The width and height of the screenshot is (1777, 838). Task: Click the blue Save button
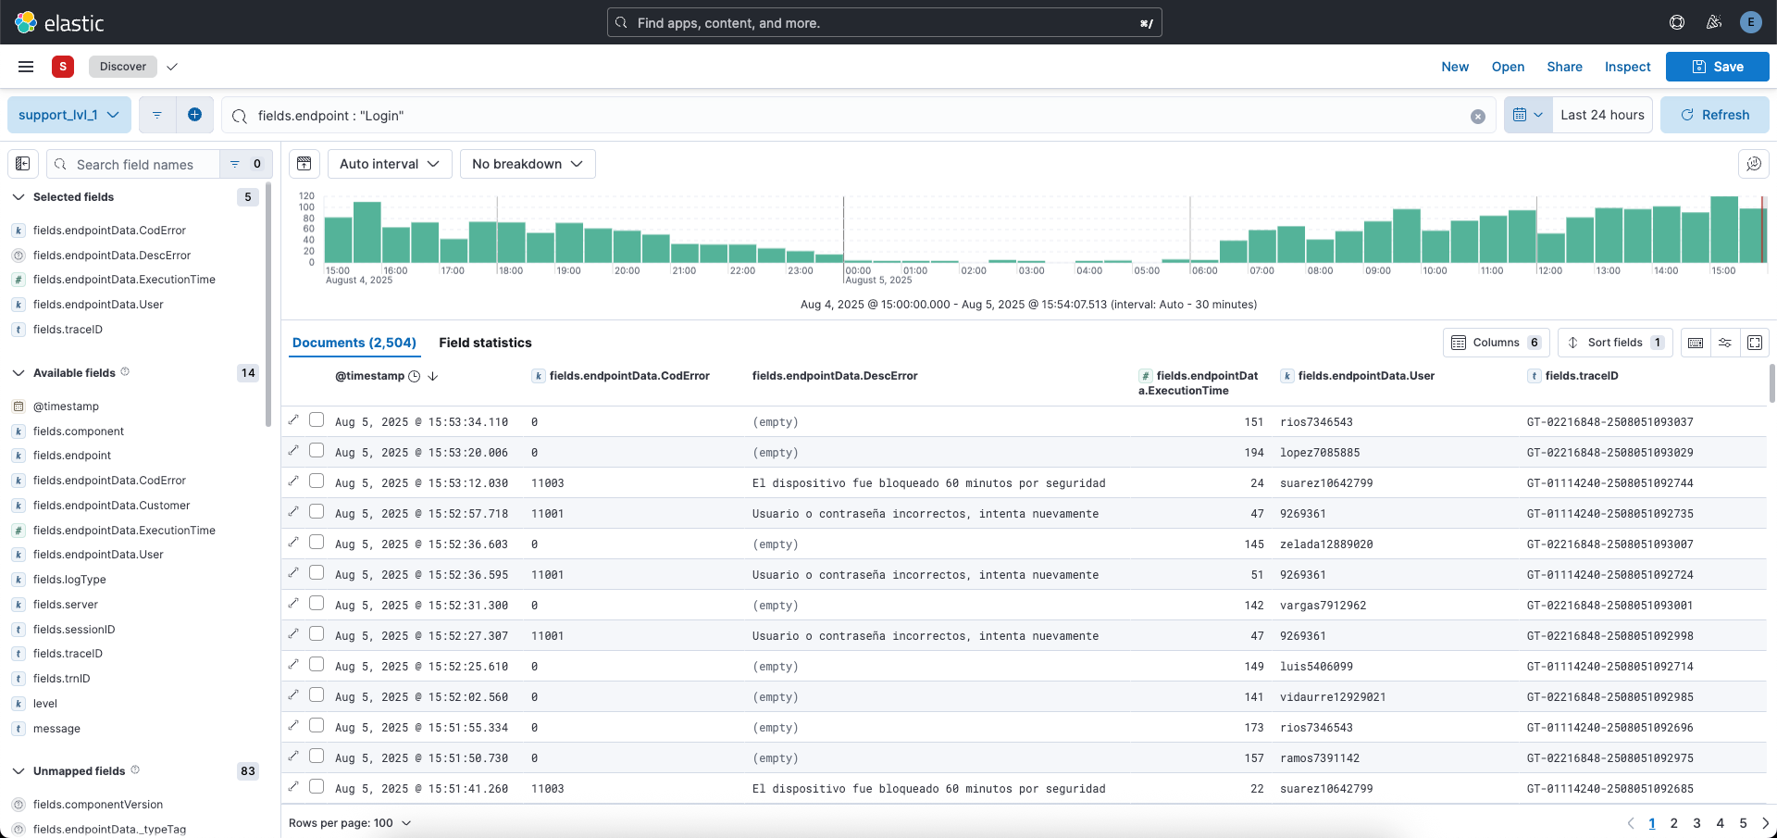(1717, 67)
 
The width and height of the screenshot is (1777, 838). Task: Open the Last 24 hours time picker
(1601, 115)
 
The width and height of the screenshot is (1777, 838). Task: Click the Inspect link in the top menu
(1627, 67)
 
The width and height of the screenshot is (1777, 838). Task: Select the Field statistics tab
(485, 343)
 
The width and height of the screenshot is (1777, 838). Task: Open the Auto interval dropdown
(390, 164)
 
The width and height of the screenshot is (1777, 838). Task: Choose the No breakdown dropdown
(527, 164)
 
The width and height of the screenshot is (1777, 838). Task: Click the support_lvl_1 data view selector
(68, 115)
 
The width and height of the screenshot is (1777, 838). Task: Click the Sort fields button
(1614, 343)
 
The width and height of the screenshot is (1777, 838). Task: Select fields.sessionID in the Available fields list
(74, 630)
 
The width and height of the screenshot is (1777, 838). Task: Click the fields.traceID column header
(1581, 376)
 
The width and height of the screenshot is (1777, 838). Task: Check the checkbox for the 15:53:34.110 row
(317, 420)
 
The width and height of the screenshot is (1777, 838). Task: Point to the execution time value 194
(1253, 453)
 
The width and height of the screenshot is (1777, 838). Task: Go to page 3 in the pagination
(1696, 823)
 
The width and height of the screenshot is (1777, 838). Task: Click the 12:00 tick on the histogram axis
(1549, 270)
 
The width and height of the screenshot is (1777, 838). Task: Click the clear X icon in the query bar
(1477, 116)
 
